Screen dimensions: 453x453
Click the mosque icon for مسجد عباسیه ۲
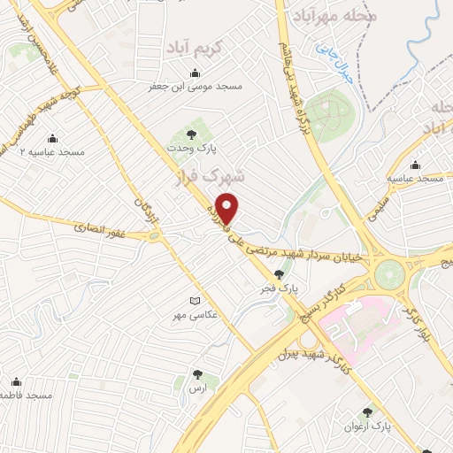[51, 138]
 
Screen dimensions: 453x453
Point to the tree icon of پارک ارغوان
[367, 412]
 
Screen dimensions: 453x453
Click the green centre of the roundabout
[388, 274]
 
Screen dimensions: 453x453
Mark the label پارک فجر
[288, 288]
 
